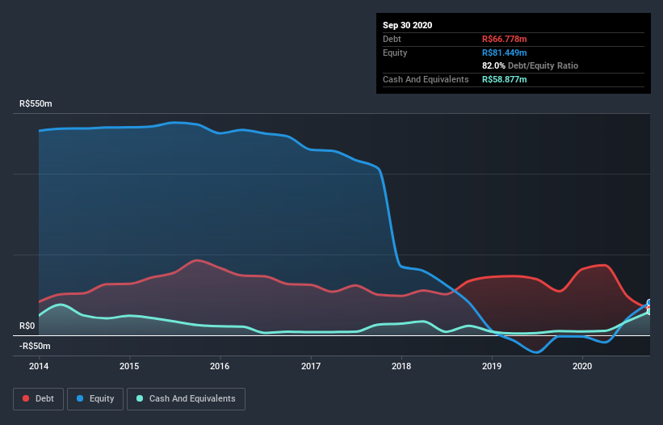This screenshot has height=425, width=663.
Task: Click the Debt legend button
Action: click(37, 398)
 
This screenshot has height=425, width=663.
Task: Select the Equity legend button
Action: click(95, 398)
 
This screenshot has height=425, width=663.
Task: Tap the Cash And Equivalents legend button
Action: click(186, 398)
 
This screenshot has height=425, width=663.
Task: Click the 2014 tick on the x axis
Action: click(39, 366)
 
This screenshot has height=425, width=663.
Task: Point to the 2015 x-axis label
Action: click(129, 366)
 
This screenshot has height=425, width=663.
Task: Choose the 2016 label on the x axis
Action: click(220, 366)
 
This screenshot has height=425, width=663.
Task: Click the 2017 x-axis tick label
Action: click(311, 366)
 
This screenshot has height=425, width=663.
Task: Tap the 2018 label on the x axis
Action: click(401, 366)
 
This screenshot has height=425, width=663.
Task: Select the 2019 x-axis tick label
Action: click(492, 366)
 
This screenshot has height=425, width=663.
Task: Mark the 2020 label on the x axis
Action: click(582, 366)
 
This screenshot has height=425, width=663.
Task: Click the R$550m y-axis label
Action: click(36, 104)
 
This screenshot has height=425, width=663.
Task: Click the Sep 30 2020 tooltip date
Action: click(407, 25)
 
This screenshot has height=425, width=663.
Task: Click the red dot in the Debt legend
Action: click(27, 398)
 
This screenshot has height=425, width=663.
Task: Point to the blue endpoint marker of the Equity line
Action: click(649, 303)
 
